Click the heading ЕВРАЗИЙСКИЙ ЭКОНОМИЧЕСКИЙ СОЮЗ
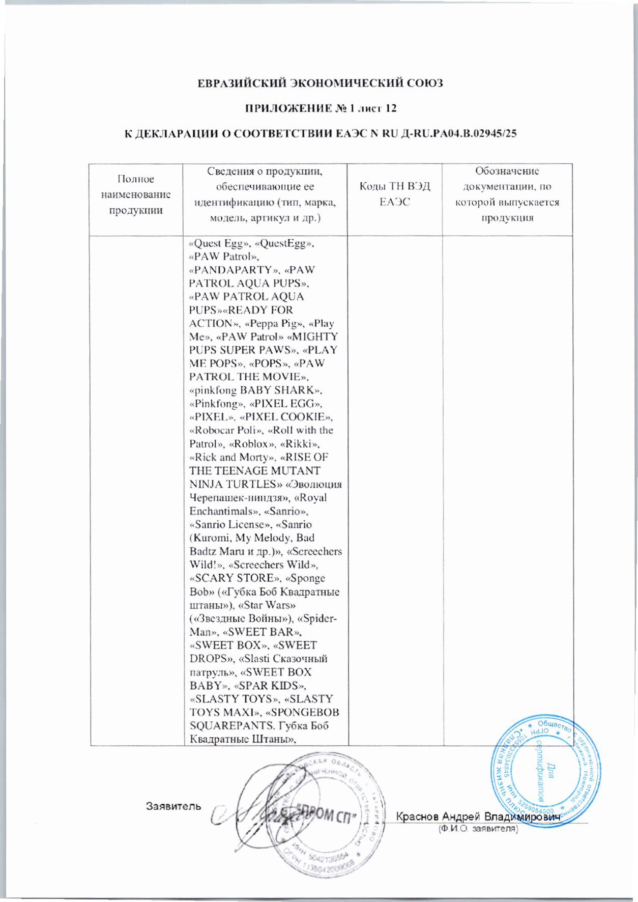point(320,83)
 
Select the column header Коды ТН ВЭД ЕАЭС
point(394,194)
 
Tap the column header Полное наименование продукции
point(136,194)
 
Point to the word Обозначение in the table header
point(507,171)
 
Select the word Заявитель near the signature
point(173,806)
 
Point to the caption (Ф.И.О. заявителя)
point(478,829)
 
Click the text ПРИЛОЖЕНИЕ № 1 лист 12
point(321,108)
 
